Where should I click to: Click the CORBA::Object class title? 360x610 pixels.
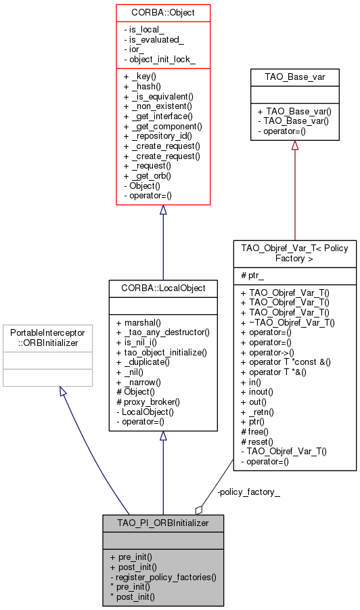tap(163, 13)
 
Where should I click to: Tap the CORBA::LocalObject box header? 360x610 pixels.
tap(163, 288)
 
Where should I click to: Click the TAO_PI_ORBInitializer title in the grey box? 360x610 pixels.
tap(163, 523)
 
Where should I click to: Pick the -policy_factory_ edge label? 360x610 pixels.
tap(248, 492)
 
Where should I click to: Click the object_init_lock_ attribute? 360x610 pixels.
tap(160, 60)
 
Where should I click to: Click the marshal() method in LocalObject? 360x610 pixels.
tap(142, 322)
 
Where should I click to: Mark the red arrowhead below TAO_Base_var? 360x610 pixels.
tap(294, 146)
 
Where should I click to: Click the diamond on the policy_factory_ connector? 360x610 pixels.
tap(199, 509)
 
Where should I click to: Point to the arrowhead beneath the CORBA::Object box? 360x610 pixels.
tap(163, 211)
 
